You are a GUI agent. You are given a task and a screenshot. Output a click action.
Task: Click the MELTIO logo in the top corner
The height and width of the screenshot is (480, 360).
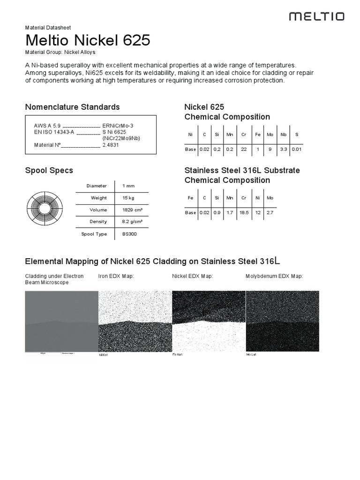[316, 17]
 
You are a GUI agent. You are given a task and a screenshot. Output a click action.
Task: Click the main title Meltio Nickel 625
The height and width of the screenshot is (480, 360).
[88, 40]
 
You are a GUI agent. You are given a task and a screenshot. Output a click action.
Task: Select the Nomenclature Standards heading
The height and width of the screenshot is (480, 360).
[72, 107]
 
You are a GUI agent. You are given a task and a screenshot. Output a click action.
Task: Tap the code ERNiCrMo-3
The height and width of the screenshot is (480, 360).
[118, 126]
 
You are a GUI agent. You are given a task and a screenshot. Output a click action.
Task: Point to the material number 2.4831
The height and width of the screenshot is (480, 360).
[111, 145]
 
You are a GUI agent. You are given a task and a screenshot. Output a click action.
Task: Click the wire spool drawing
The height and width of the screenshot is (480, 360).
[44, 208]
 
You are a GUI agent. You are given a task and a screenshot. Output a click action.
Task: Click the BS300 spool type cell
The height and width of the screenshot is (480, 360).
[129, 234]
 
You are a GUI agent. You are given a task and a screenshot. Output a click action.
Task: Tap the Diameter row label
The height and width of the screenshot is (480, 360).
[97, 186]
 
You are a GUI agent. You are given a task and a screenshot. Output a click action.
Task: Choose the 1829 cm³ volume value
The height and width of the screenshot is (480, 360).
[132, 210]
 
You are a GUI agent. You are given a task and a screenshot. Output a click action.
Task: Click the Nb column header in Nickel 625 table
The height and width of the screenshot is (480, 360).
[283, 135]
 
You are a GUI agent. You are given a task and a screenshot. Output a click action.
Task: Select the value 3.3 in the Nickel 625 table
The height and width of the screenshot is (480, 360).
[283, 149]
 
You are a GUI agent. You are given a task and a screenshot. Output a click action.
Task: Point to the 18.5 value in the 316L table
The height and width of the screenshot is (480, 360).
[244, 212]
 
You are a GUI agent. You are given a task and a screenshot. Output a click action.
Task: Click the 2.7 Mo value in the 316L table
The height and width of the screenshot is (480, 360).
[270, 212]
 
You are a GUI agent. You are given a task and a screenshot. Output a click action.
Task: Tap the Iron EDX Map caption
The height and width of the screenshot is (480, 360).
[116, 276]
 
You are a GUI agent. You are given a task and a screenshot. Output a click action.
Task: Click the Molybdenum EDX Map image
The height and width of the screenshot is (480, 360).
[282, 321]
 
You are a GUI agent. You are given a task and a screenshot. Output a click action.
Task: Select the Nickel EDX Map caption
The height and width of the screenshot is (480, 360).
[193, 276]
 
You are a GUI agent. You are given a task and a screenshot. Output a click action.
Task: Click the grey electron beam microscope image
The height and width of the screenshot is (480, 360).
[61, 321]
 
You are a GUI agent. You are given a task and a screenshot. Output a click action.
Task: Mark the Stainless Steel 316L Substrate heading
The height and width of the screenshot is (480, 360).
[242, 170]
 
